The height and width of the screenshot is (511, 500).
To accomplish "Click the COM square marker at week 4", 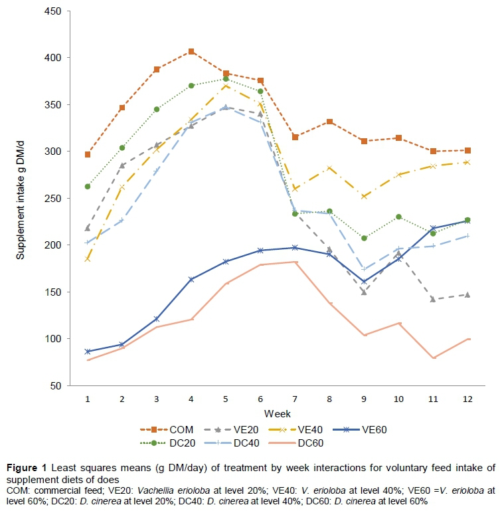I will [x=191, y=51].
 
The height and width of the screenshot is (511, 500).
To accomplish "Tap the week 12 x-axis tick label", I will [x=468, y=397].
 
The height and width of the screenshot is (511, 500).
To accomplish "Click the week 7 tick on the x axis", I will [x=295, y=397].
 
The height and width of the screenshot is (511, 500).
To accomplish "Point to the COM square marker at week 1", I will [x=88, y=154].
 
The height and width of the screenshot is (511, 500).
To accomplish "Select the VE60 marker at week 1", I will [x=88, y=351].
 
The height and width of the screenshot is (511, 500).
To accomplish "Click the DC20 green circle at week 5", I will [x=226, y=79].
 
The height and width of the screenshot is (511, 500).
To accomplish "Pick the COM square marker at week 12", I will [x=467, y=150].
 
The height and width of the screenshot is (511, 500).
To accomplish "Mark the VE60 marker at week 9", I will [x=364, y=282].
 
